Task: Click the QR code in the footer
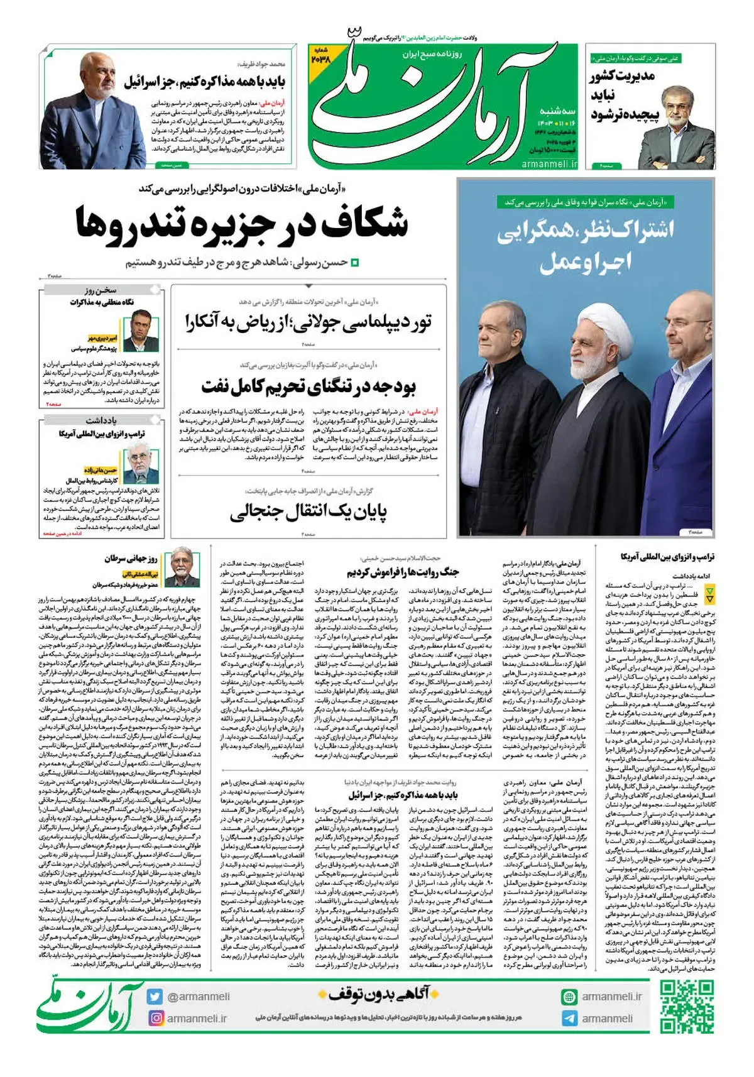[687, 1006]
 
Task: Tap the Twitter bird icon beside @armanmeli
[155, 997]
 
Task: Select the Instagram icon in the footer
[155, 1018]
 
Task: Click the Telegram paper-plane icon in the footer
[569, 1018]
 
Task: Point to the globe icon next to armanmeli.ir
[569, 997]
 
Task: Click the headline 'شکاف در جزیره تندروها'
[242, 223]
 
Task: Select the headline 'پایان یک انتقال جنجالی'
[308, 512]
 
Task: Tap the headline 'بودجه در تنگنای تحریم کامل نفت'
[308, 385]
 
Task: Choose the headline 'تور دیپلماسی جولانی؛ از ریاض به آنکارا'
[308, 322]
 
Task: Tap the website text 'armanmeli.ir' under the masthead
[549, 163]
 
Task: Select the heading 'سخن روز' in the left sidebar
[101, 290]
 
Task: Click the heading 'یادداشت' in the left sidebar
[101, 420]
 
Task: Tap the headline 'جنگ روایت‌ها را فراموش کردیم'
[403, 572]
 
